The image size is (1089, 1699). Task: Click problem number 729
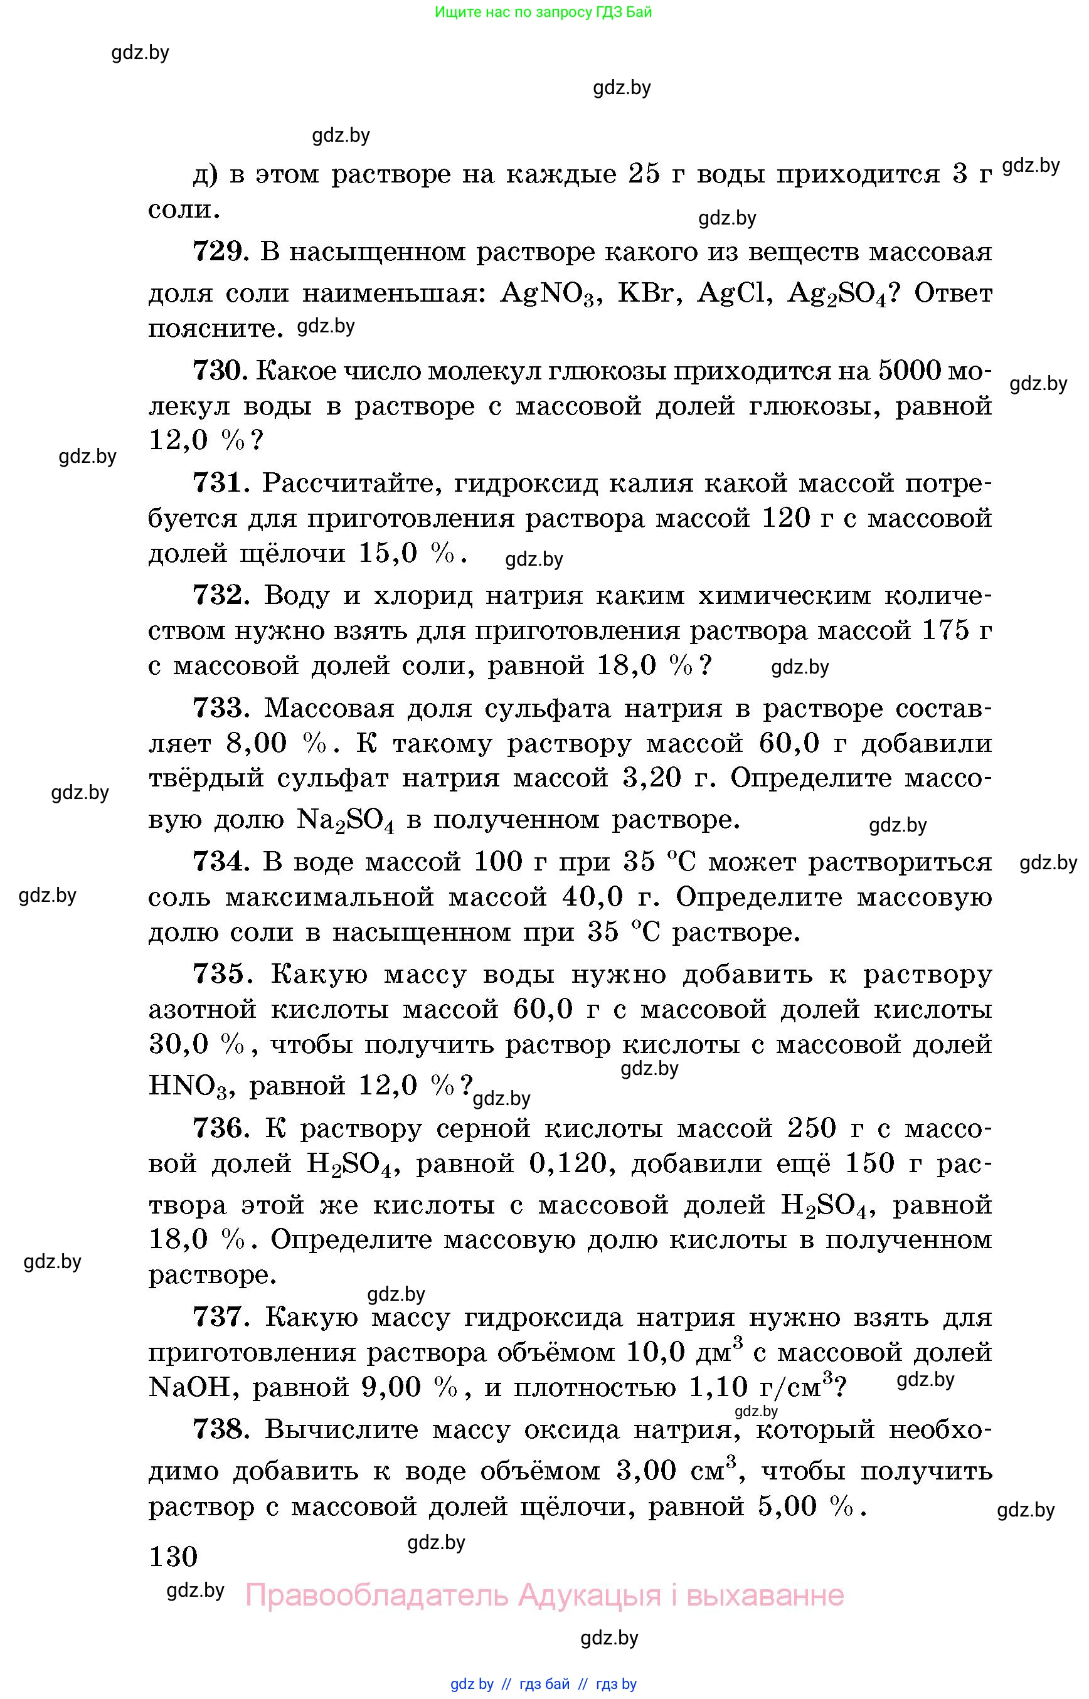(x=219, y=251)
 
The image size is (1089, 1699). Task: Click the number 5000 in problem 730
(x=910, y=371)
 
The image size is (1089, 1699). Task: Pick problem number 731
(x=219, y=483)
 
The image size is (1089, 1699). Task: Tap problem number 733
(x=219, y=707)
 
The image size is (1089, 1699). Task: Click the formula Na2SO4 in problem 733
(x=345, y=821)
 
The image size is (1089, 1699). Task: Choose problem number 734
(x=219, y=862)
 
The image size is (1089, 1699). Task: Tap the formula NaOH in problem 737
(x=189, y=1387)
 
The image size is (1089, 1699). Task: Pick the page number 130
(x=173, y=1556)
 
